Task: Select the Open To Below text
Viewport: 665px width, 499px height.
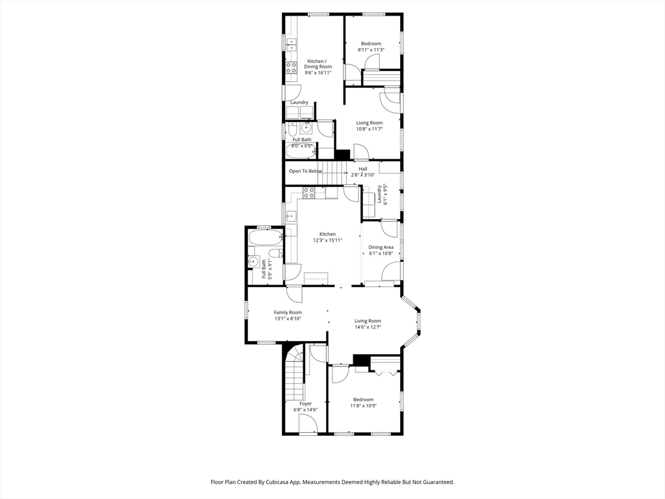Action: pyautogui.click(x=305, y=171)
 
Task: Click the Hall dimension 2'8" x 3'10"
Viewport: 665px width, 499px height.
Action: pyautogui.click(x=362, y=174)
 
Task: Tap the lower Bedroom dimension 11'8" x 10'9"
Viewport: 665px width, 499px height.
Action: pyautogui.click(x=364, y=405)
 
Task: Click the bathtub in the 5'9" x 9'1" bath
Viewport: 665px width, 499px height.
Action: pyautogui.click(x=266, y=238)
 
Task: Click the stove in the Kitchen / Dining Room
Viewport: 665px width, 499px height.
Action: pyautogui.click(x=291, y=68)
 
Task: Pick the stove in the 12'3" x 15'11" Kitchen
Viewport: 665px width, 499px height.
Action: pyautogui.click(x=308, y=193)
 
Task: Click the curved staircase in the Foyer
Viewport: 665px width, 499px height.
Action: pyautogui.click(x=295, y=374)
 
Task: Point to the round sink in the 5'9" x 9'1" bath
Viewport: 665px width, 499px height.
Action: pyautogui.click(x=254, y=261)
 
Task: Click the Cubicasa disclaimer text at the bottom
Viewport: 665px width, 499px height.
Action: pyautogui.click(x=332, y=482)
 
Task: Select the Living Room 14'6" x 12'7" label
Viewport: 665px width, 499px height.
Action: pyautogui.click(x=368, y=324)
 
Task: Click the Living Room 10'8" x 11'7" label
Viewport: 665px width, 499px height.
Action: pyautogui.click(x=369, y=125)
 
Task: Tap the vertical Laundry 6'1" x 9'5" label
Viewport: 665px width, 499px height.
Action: pyautogui.click(x=383, y=194)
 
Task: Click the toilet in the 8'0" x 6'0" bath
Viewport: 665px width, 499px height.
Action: pyautogui.click(x=292, y=129)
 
